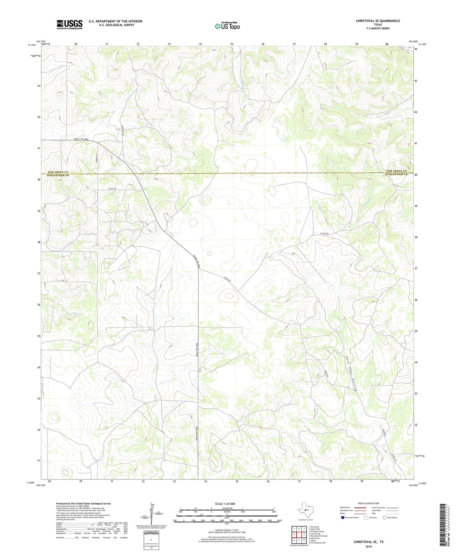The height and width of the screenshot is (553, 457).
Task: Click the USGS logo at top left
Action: (x=69, y=24)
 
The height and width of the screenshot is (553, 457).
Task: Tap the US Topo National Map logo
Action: (x=227, y=26)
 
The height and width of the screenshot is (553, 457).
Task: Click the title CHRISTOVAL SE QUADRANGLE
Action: (x=378, y=21)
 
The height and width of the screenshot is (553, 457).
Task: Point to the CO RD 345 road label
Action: (x=105, y=189)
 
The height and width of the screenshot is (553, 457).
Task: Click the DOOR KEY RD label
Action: (x=122, y=130)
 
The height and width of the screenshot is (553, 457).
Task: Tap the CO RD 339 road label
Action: (x=325, y=234)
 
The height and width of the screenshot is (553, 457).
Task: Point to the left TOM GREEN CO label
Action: (x=58, y=172)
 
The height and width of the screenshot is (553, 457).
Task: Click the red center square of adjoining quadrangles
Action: (x=299, y=534)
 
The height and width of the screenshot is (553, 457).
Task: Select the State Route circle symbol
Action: (x=384, y=518)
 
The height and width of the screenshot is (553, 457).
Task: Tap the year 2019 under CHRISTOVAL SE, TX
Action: (x=368, y=542)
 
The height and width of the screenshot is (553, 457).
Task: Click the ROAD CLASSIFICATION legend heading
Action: (x=369, y=503)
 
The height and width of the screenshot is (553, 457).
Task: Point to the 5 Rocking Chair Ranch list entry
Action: (x=318, y=536)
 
